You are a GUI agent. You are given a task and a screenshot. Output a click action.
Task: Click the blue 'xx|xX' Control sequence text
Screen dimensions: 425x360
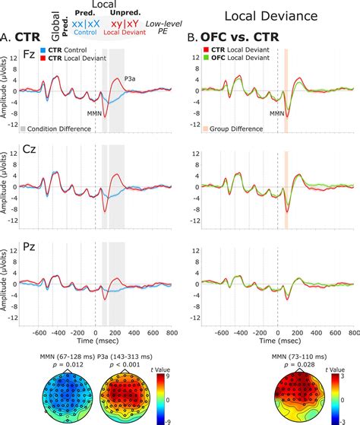(84, 24)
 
